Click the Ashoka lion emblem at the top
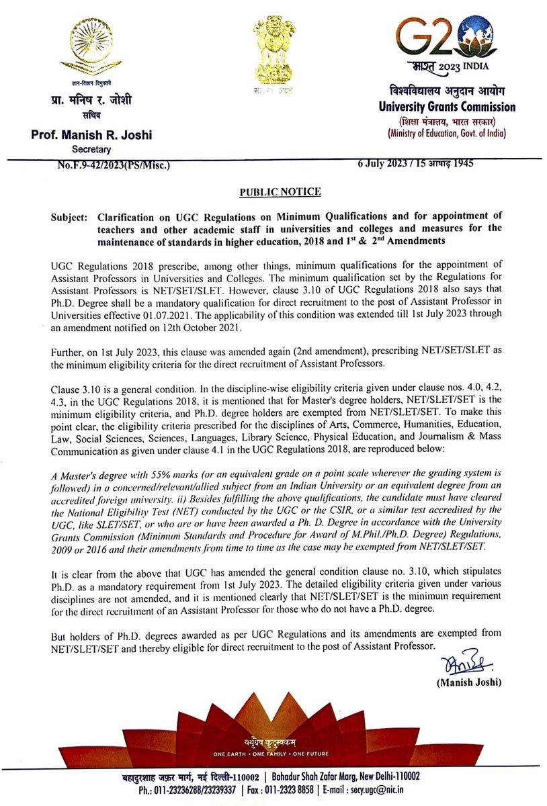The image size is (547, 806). point(273,51)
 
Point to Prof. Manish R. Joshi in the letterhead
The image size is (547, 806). point(92,135)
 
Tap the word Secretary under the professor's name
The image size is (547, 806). point(91,148)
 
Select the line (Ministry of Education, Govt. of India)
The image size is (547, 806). point(452,134)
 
